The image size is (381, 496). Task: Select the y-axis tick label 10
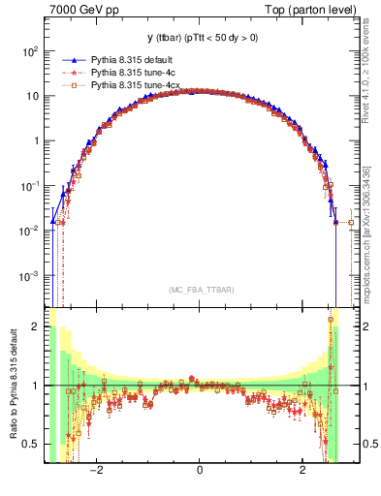tap(34, 96)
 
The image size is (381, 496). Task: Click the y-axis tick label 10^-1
tap(32, 186)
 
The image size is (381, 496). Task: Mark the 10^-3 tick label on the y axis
tap(32, 276)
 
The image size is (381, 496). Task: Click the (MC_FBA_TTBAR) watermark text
tap(199, 290)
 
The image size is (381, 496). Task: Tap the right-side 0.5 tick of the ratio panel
tap(365, 444)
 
